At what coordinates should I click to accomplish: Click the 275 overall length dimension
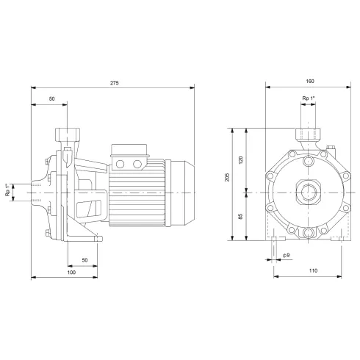pos(114,83)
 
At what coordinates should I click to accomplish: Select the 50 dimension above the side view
pos(51,98)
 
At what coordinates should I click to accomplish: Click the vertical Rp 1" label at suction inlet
pos(8,191)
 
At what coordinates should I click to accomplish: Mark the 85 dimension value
pos(242,216)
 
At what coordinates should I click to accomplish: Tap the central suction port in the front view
pos(305,191)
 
